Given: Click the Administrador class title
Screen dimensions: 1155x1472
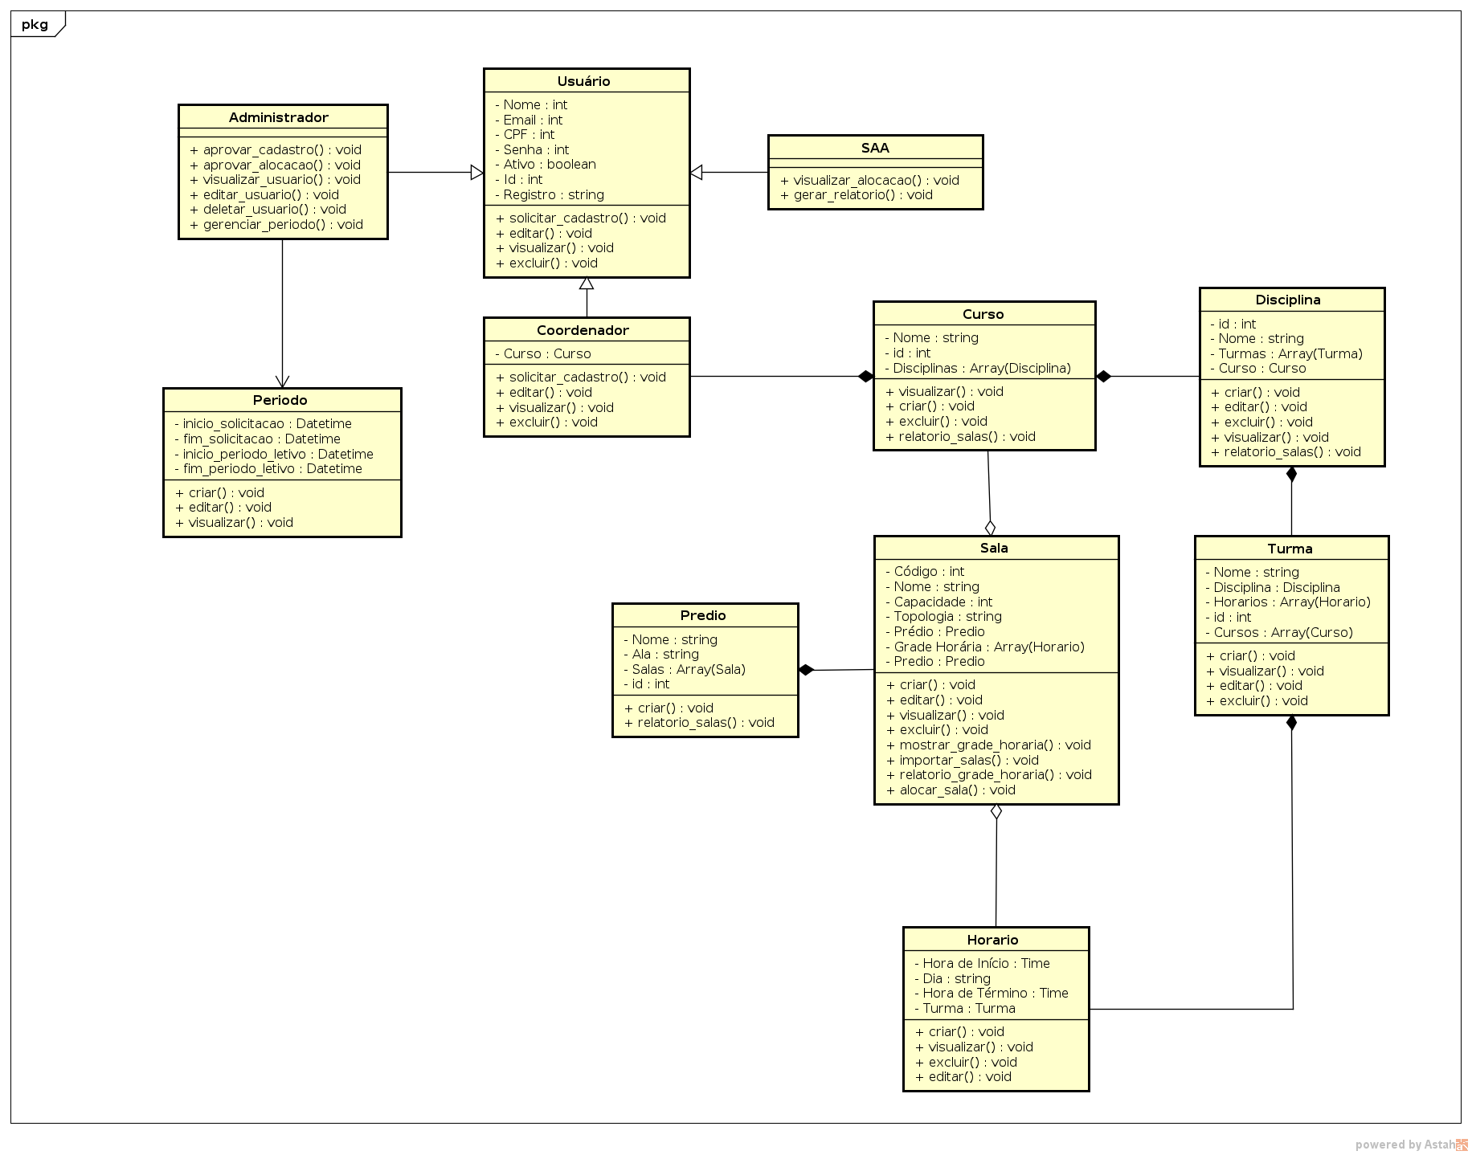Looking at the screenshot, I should coord(278,117).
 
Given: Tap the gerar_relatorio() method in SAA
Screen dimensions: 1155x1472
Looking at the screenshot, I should coord(856,194).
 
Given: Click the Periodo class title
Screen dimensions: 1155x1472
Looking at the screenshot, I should coord(280,400).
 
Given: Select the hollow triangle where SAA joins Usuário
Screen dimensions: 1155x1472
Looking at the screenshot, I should coord(697,172).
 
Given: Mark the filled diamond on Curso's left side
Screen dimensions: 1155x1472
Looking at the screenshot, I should coord(865,376).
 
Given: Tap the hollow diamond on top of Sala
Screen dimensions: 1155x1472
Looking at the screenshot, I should coord(990,528).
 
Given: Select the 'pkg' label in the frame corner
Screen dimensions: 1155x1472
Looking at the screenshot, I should coord(35,24).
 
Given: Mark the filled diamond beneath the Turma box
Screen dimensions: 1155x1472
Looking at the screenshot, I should coord(1291,723).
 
